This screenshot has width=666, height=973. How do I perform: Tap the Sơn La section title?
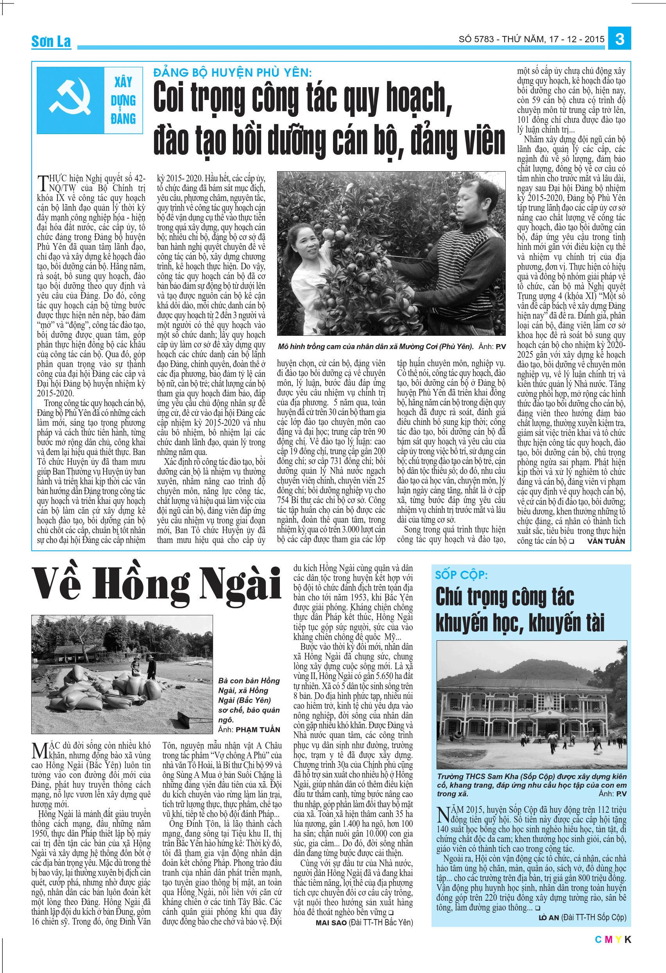pyautogui.click(x=51, y=42)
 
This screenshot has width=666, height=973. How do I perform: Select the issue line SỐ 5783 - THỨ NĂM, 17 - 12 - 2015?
pyautogui.click(x=532, y=39)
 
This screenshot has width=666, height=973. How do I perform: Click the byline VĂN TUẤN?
pyautogui.click(x=606, y=541)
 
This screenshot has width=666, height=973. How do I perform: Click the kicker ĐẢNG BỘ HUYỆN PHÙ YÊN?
pyautogui.click(x=232, y=73)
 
